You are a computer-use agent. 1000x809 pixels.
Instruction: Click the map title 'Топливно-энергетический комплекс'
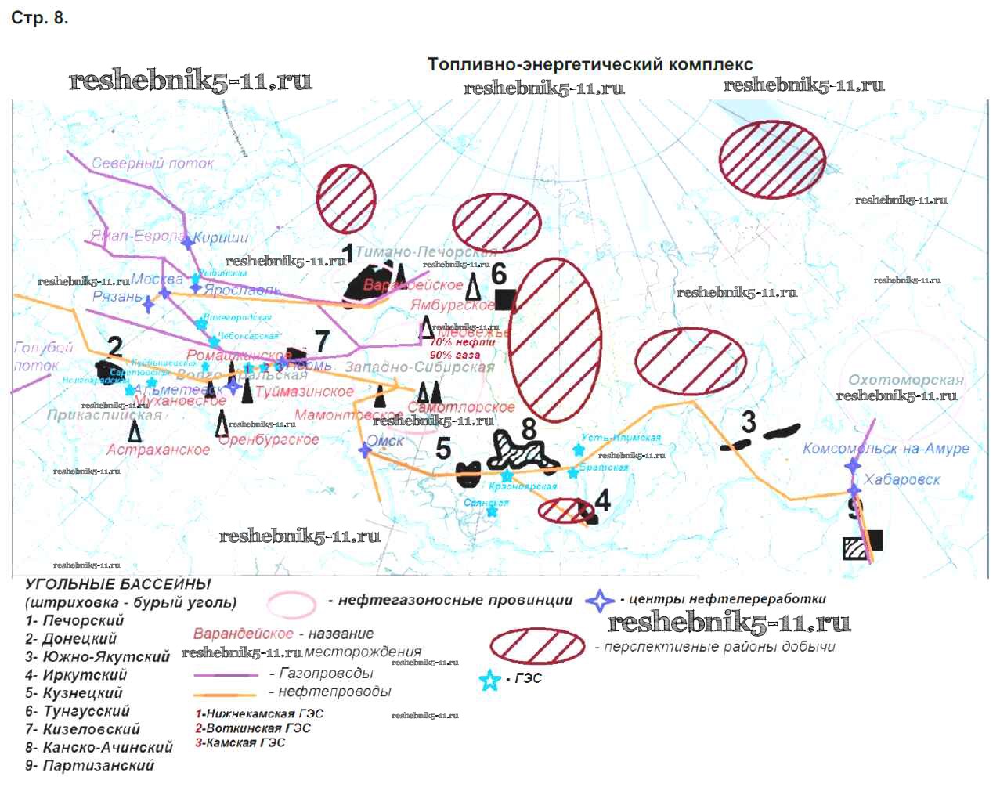[x=590, y=64]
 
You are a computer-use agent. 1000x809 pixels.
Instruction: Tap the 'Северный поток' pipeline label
[x=153, y=164]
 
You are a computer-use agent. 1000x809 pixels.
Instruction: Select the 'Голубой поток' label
[x=42, y=356]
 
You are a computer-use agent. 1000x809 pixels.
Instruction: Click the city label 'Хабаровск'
[x=902, y=479]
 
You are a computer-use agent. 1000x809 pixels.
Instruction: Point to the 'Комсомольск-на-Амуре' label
[x=886, y=449]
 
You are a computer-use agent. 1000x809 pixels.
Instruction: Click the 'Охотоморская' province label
[x=906, y=381]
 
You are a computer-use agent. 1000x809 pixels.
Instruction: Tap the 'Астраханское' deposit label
[x=158, y=450]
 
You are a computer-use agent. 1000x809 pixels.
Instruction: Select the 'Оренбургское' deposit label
[x=269, y=440]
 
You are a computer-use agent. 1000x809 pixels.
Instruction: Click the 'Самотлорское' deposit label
[x=461, y=407]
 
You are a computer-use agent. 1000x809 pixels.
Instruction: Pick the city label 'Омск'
[x=385, y=441]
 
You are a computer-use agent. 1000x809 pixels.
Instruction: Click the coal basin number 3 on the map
[x=749, y=422]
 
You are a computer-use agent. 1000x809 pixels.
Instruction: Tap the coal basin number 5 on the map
[x=443, y=449]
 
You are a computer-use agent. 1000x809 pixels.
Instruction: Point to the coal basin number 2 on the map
[x=115, y=346]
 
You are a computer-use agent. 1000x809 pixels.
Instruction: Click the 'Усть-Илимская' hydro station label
[x=621, y=438]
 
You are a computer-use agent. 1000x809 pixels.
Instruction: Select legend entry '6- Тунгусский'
[x=78, y=711]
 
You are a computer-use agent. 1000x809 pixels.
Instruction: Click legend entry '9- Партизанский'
[x=89, y=766]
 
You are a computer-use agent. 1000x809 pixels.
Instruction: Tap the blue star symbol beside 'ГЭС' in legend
[x=489, y=680]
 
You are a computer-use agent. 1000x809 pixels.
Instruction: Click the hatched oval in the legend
[x=537, y=645]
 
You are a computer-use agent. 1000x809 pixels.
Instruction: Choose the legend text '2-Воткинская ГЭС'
[x=253, y=728]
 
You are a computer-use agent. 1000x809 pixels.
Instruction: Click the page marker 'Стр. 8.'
[x=39, y=18]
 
